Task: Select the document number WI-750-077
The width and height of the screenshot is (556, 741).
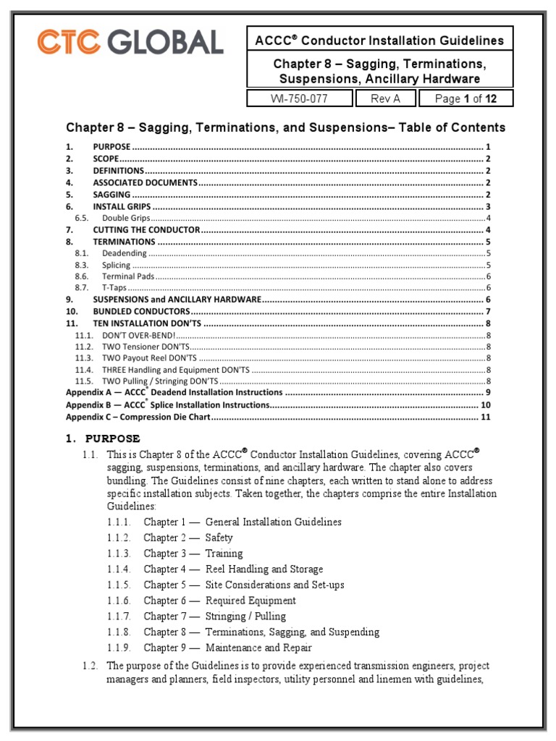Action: [x=300, y=98]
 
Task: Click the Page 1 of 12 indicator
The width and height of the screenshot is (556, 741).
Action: [x=469, y=98]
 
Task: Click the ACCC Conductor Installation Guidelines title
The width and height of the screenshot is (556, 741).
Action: [x=379, y=41]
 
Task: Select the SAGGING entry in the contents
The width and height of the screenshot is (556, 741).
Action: [x=111, y=195]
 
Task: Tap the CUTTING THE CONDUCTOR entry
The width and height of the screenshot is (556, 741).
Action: [x=146, y=229]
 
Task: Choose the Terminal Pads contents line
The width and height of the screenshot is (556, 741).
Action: [x=128, y=276]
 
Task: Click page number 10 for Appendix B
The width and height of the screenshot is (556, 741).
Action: [x=486, y=405]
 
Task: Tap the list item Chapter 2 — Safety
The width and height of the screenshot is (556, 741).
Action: [x=188, y=538]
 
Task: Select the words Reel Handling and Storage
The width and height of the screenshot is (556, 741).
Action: [x=264, y=569]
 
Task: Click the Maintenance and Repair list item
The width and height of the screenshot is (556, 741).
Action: [x=258, y=648]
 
